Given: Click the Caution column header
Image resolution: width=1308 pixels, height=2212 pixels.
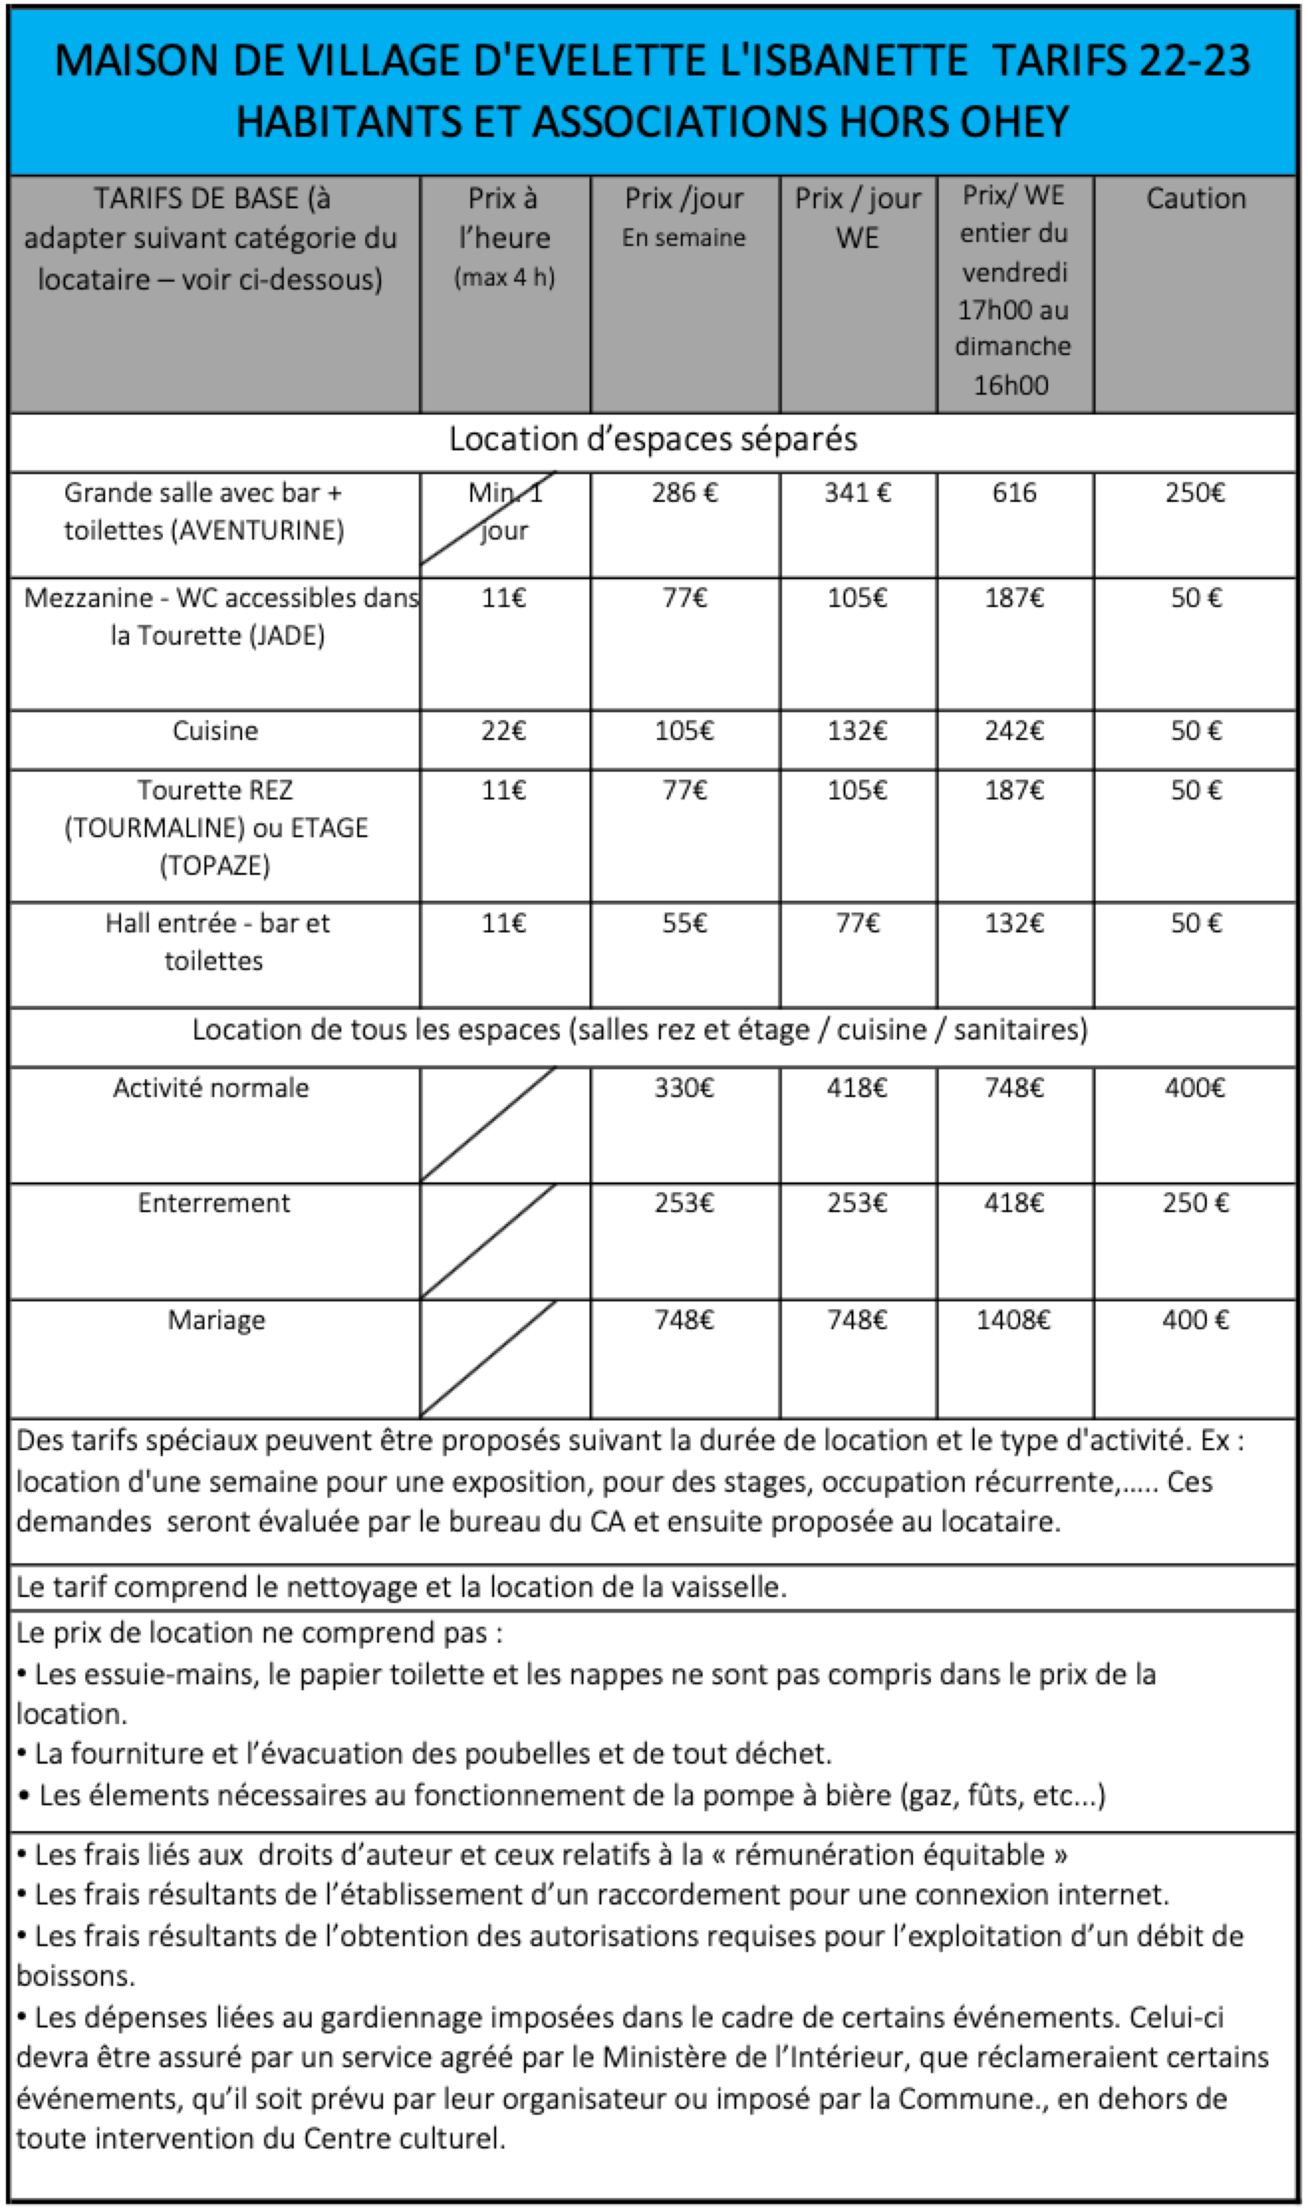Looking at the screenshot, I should [1195, 199].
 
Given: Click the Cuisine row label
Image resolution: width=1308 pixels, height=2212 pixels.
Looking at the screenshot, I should [215, 731].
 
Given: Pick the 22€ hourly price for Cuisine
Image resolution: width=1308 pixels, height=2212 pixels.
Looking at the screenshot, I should [503, 731].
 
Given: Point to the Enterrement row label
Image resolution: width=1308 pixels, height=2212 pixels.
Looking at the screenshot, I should [214, 1203].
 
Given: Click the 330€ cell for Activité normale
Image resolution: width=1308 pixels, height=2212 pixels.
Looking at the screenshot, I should [684, 1088].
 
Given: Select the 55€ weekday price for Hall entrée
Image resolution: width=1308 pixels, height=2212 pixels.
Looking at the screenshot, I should [684, 923].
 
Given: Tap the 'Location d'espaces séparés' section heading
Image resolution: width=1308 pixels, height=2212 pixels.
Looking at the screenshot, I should [652, 439].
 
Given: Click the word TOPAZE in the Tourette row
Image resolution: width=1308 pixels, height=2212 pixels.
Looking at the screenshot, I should [215, 866].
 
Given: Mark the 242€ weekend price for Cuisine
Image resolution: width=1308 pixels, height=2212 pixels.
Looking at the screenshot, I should [1014, 731].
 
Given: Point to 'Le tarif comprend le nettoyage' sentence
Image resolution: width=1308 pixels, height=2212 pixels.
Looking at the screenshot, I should [401, 1588].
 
